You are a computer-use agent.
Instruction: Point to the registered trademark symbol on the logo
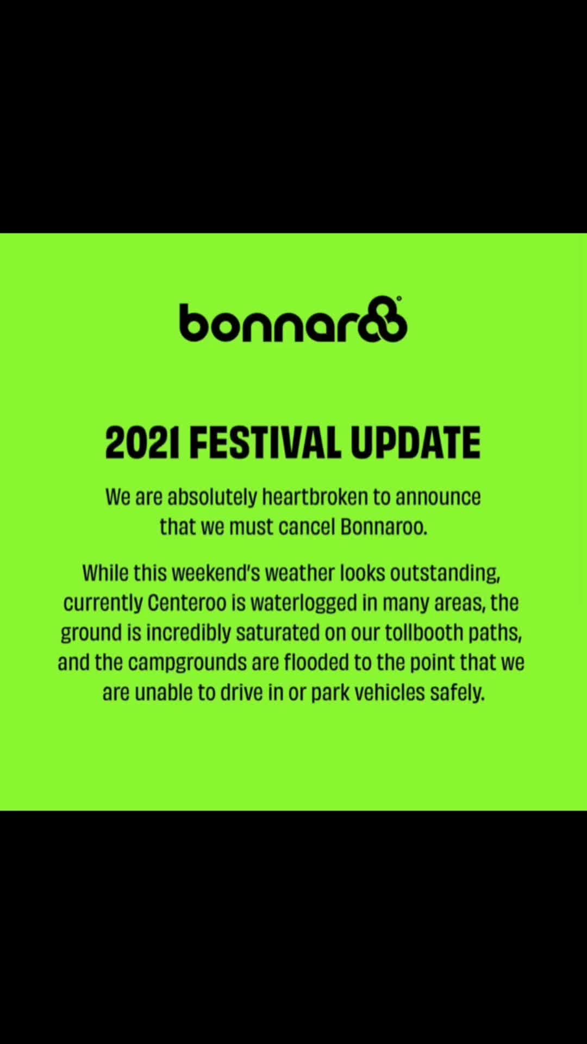[399, 299]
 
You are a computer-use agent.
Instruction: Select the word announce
[438, 498]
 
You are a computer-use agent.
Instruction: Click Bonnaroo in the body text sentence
[384, 526]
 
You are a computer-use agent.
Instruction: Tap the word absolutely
[212, 498]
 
